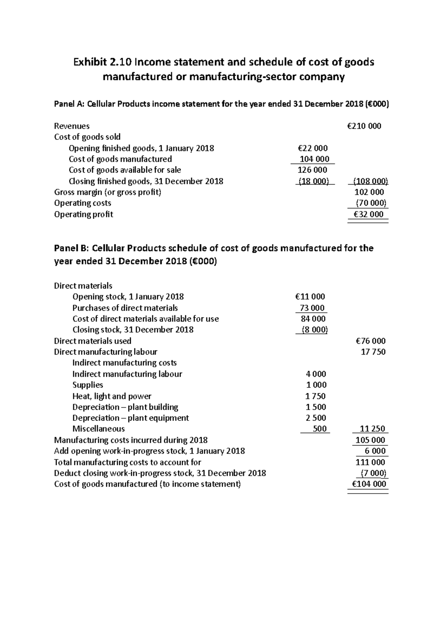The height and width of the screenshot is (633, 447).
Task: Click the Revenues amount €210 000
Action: [364, 126]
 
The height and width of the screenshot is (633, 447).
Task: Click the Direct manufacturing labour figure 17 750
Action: [373, 352]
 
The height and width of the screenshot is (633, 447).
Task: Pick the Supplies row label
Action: [88, 385]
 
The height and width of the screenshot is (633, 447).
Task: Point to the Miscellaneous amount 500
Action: [320, 429]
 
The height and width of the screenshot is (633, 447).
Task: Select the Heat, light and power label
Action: [112, 396]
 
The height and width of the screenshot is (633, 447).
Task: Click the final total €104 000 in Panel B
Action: [369, 484]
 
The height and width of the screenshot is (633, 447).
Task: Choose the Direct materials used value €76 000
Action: [371, 341]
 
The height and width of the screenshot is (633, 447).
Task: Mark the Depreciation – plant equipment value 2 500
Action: [316, 418]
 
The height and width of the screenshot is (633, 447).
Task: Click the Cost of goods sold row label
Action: [87, 137]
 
